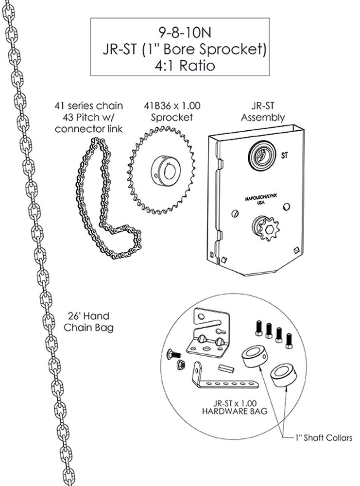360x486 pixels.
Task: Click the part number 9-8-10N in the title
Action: (x=179, y=33)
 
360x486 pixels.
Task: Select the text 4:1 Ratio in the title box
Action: (x=179, y=65)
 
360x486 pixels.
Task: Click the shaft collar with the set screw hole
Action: (x=254, y=359)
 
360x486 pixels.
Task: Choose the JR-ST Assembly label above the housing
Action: (x=262, y=111)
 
